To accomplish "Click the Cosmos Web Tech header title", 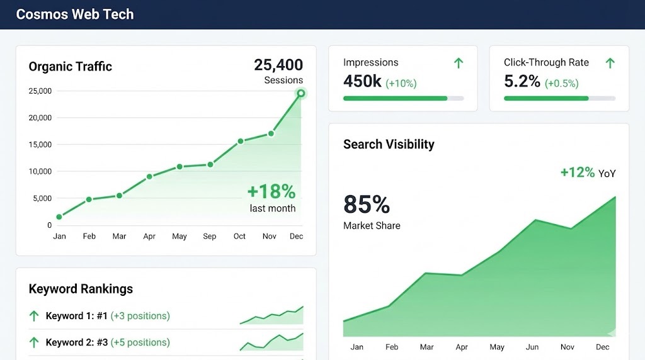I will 74,14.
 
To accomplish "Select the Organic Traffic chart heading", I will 71,67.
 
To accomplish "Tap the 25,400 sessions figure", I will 278,65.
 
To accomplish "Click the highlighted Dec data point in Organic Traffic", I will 301,93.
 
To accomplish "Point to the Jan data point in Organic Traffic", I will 59,217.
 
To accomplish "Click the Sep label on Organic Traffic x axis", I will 210,237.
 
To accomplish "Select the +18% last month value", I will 271,191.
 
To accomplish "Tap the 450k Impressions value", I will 362,81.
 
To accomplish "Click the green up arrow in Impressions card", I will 459,63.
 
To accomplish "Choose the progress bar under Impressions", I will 403,98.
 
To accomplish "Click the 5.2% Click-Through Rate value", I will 522,81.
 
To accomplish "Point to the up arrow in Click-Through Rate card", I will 610,63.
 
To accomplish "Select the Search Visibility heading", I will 389,144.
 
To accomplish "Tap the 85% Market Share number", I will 367,205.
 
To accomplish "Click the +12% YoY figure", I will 578,172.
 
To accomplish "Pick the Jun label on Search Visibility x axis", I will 532,347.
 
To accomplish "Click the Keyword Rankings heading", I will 81,289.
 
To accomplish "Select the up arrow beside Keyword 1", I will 34,316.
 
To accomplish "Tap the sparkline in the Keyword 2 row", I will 271,342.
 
